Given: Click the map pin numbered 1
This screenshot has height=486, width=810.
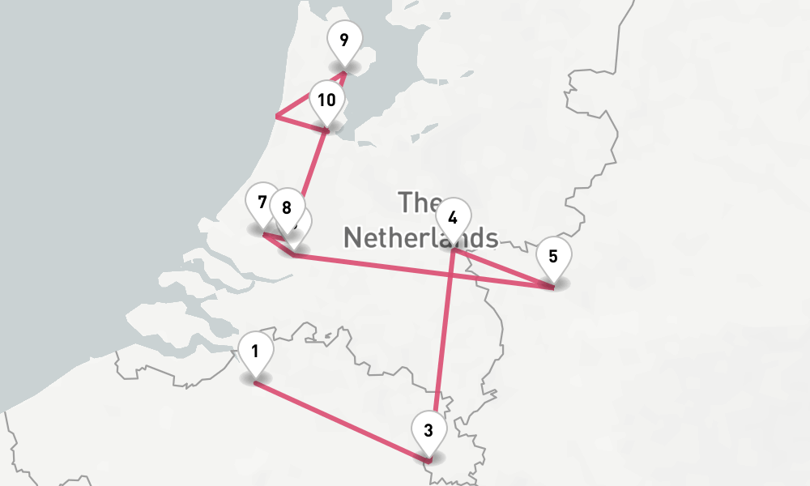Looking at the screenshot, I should [x=255, y=352].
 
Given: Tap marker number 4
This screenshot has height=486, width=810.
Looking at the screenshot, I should [x=453, y=218].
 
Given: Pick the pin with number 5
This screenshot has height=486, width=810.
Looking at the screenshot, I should [x=553, y=257].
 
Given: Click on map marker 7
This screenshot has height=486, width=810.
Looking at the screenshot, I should [x=261, y=202].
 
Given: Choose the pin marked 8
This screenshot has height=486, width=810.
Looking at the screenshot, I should [x=286, y=207].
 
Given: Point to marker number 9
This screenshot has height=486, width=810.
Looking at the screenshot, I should [x=344, y=40].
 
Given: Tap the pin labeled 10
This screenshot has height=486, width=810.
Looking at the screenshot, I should [x=326, y=101].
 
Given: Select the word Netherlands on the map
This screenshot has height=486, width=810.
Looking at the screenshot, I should [x=420, y=237].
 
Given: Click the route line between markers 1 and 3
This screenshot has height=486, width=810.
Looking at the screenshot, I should [x=340, y=421].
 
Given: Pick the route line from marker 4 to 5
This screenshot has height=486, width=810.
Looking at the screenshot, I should [x=502, y=267].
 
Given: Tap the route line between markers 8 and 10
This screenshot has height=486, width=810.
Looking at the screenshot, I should [x=312, y=166].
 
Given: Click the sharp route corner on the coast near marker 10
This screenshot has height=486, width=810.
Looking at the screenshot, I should [x=277, y=117].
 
